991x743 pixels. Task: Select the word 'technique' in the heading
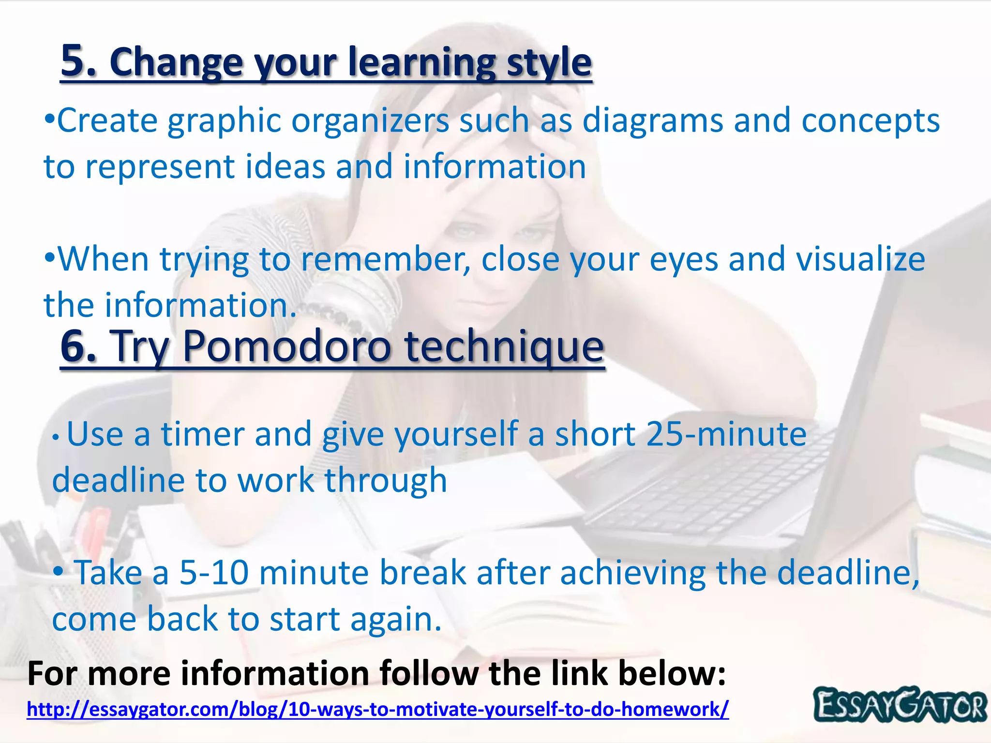(x=504, y=347)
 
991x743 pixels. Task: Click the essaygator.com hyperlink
(x=377, y=709)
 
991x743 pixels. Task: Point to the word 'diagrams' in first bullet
(x=652, y=120)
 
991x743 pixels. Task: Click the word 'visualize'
(x=860, y=259)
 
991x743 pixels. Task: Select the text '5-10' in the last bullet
(x=213, y=573)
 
